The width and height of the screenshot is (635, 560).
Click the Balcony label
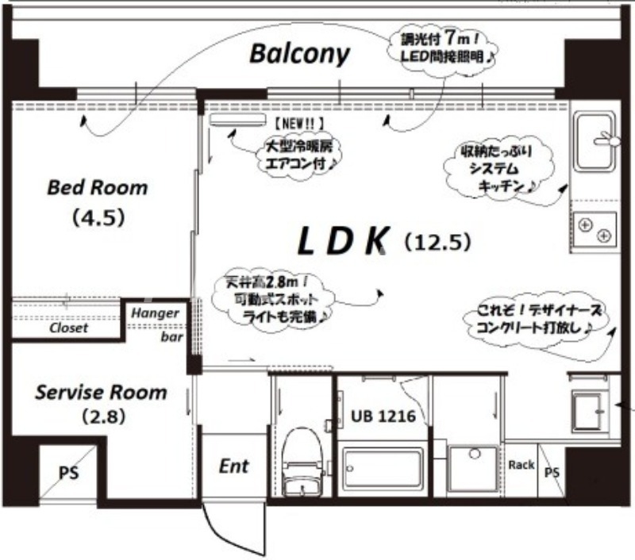[298, 54]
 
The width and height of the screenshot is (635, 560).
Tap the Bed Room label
[98, 188]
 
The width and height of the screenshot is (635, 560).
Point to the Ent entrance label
[233, 466]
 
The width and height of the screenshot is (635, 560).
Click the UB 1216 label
[383, 416]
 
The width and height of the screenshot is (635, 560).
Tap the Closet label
[69, 328]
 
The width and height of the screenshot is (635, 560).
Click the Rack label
[521, 464]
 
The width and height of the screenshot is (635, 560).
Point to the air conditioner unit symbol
[237, 120]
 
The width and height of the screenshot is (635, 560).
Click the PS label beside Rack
[551, 472]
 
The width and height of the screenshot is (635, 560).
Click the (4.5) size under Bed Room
[98, 217]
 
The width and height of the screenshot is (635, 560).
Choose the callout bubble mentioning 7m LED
[444, 48]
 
